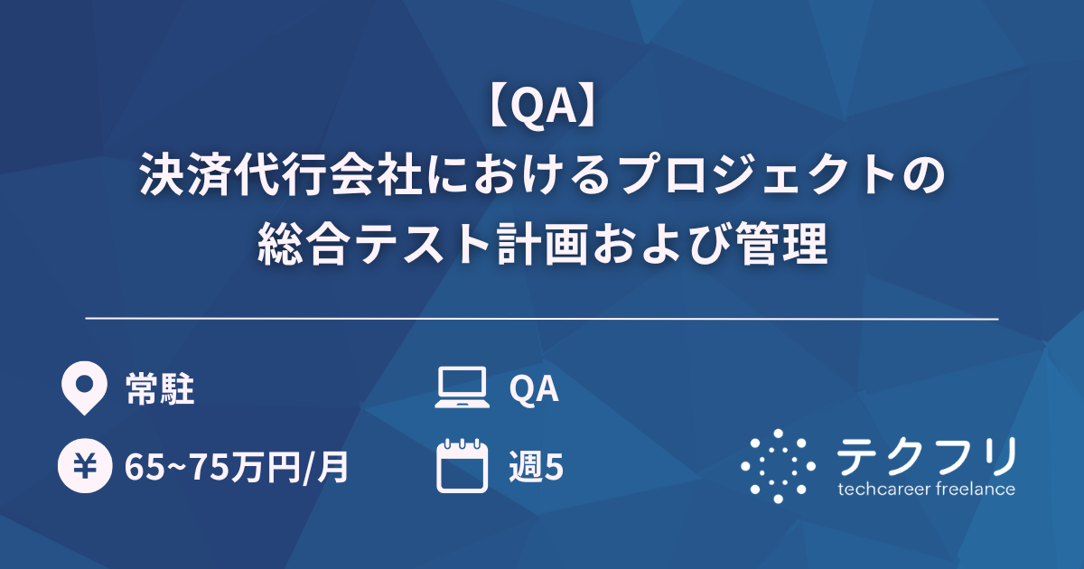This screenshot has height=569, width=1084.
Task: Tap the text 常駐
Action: pos(160,389)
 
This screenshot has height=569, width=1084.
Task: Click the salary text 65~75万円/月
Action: pos(237,468)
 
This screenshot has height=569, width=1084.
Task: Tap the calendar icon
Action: pos(462,466)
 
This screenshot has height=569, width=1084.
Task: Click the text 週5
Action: pos(537,467)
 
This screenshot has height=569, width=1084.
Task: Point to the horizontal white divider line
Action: pos(542,319)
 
